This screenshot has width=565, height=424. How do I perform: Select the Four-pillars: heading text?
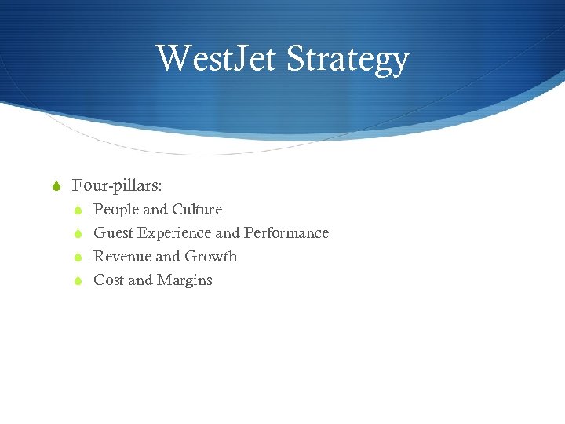pyautogui.click(x=117, y=185)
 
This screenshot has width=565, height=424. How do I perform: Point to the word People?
pyautogui.click(x=116, y=210)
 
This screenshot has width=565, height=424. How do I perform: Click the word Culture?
pyautogui.click(x=197, y=210)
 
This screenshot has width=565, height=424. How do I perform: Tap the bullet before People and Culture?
pyautogui.click(x=77, y=210)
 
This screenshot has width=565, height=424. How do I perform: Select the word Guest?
pyautogui.click(x=114, y=233)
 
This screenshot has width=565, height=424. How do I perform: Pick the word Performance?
pyautogui.click(x=286, y=233)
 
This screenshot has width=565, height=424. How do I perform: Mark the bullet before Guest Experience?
pyautogui.click(x=77, y=233)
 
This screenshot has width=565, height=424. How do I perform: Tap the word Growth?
pyautogui.click(x=211, y=257)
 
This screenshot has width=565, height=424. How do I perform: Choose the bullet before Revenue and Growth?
pyautogui.click(x=77, y=257)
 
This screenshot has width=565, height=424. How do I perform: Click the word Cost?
pyautogui.click(x=108, y=280)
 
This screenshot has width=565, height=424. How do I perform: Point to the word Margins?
pyautogui.click(x=184, y=280)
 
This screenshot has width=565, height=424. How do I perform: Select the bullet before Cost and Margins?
pyautogui.click(x=77, y=280)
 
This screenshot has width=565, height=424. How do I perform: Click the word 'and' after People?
pyautogui.click(x=155, y=210)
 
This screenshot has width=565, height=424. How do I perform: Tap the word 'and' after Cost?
pyautogui.click(x=140, y=280)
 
